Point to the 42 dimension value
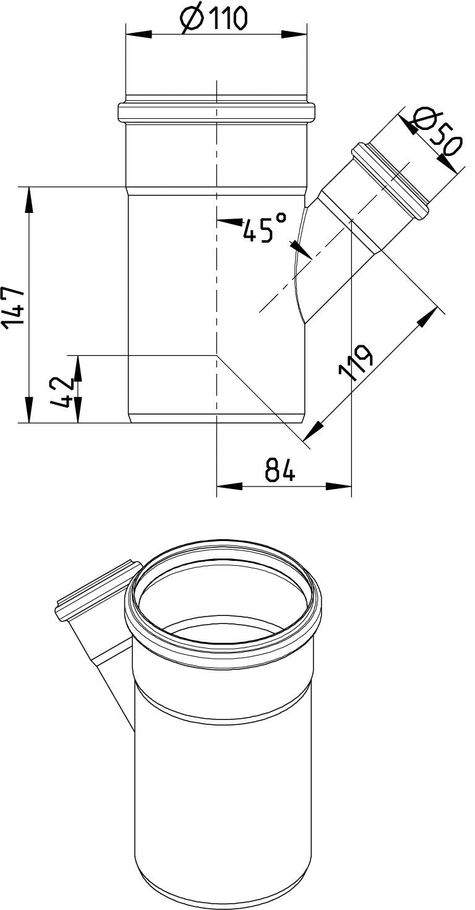coord(62,392)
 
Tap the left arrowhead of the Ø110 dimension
coord(139,35)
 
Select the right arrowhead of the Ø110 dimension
coord(294,35)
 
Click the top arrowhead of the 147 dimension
coord(28,200)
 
